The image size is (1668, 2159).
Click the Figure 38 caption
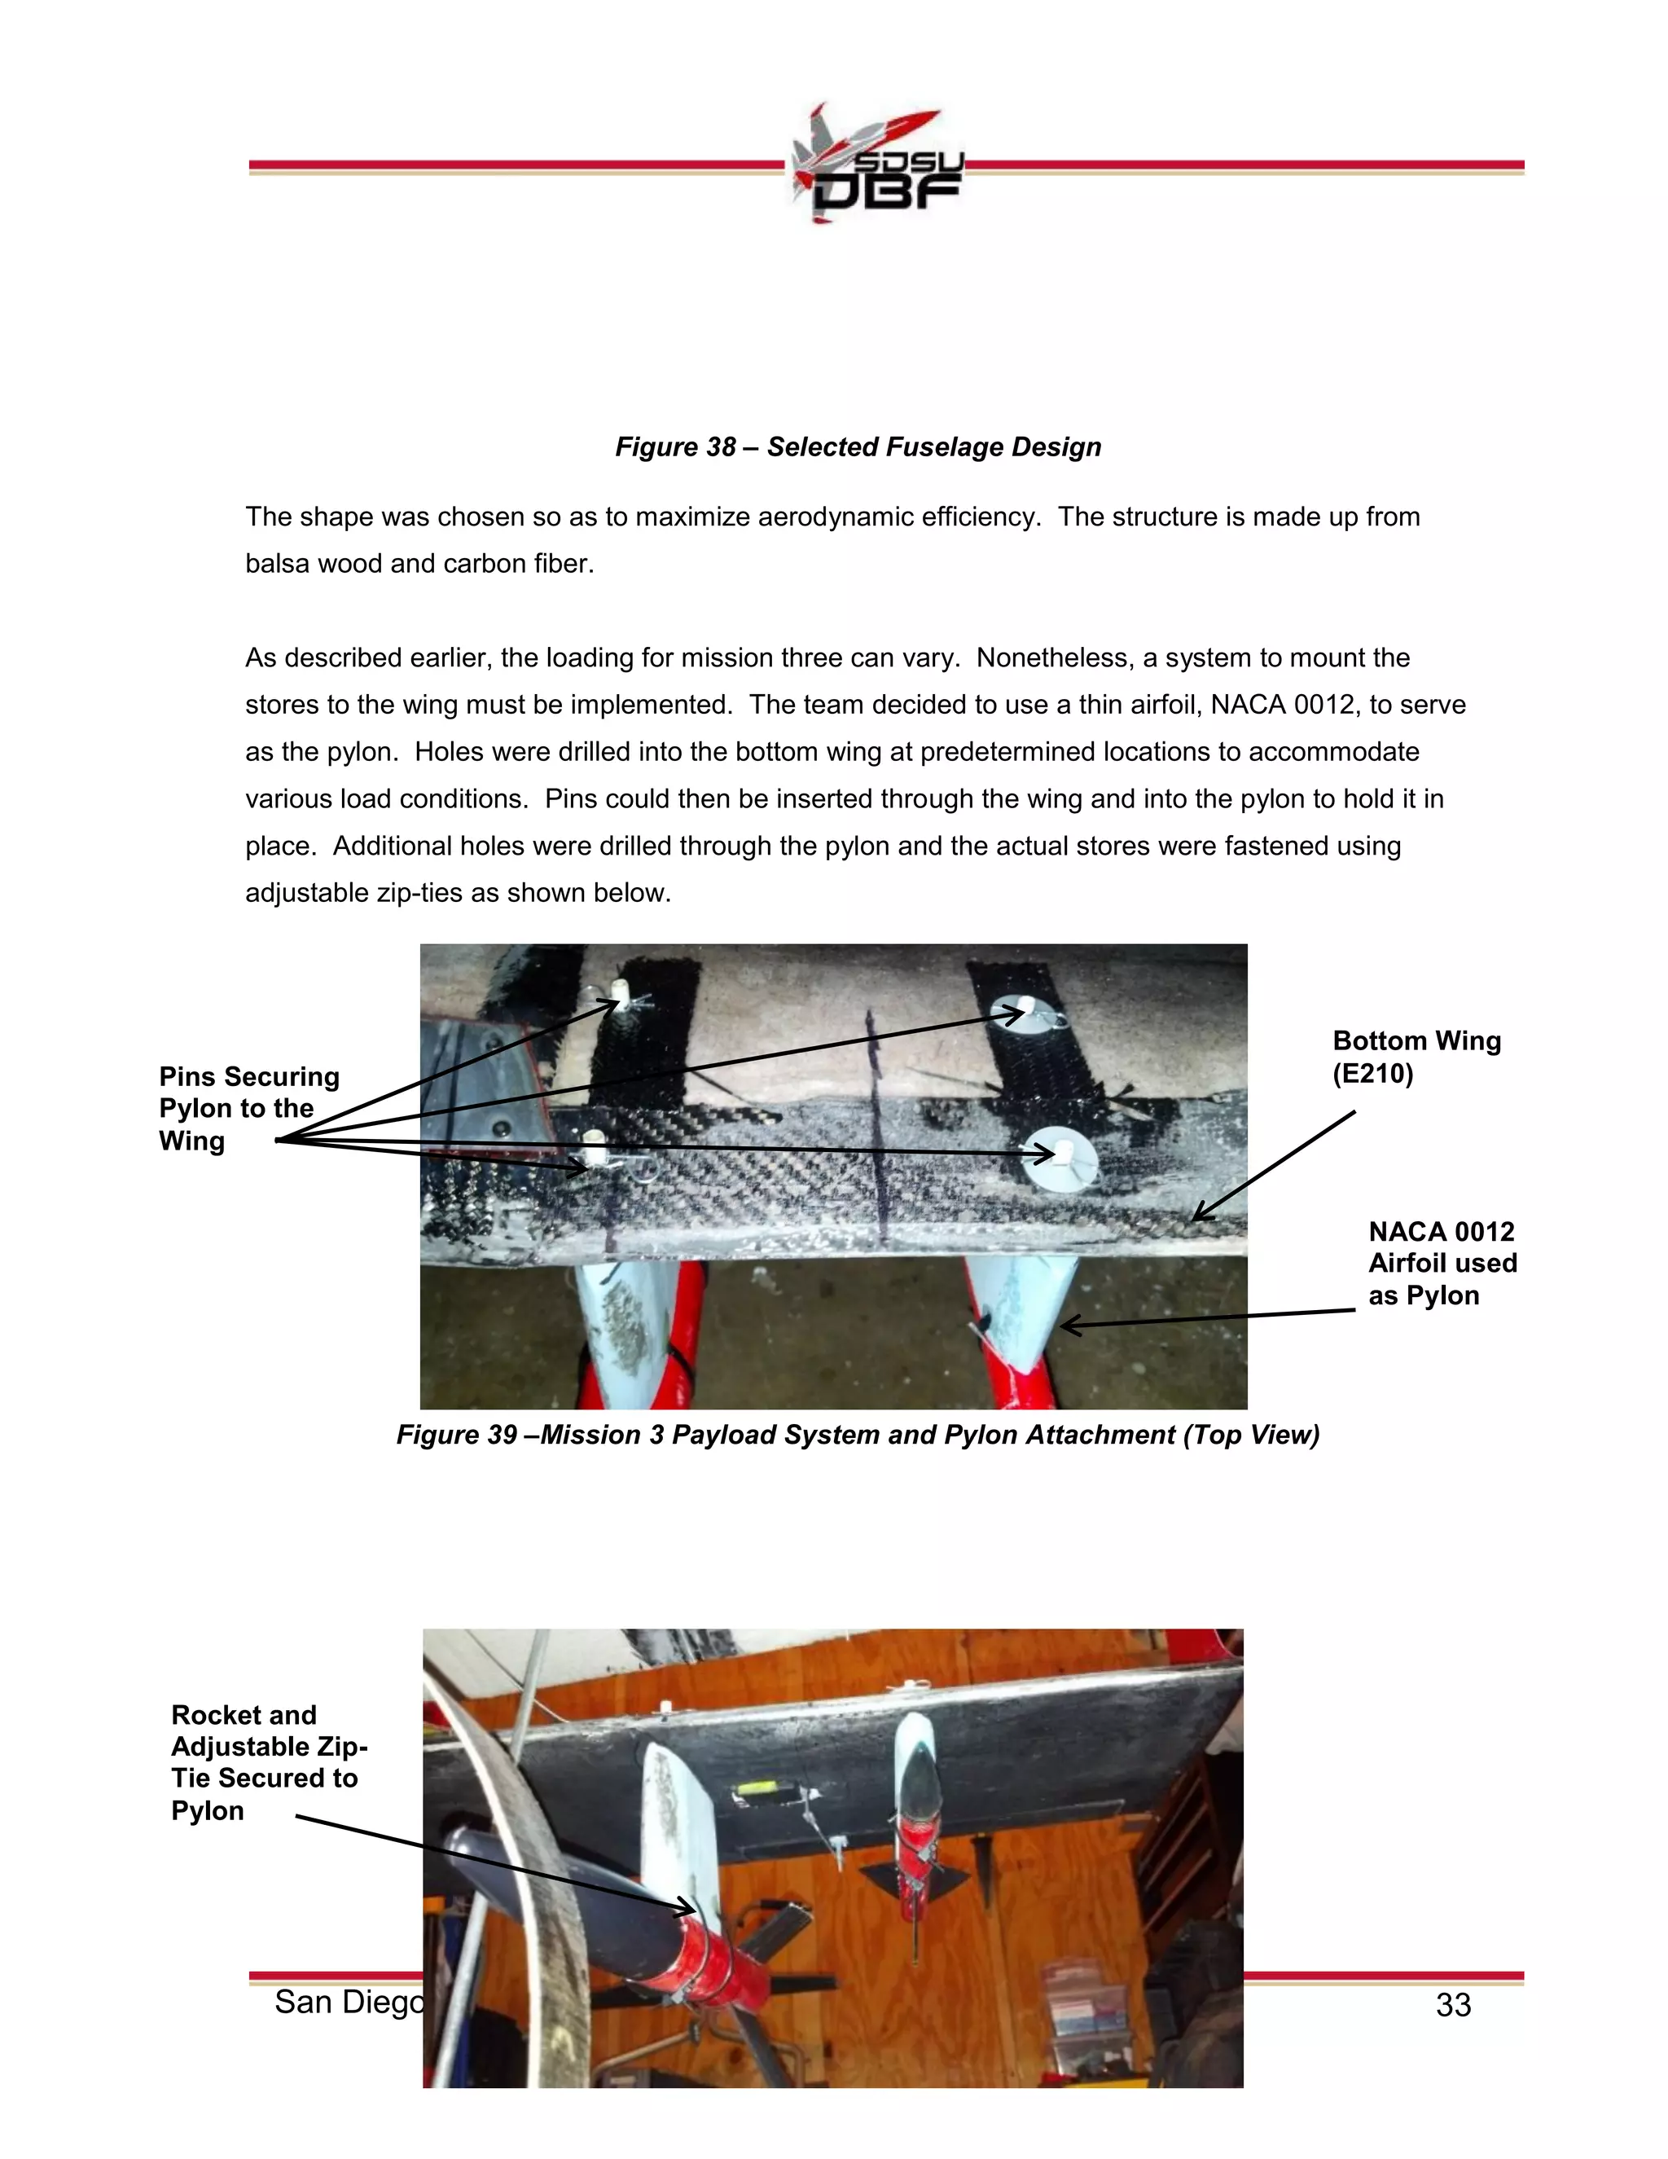[x=858, y=446]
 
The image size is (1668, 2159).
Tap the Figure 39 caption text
[x=858, y=1435]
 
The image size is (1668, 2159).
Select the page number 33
[x=1453, y=2005]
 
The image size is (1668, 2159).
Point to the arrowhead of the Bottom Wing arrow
[x=1197, y=1217]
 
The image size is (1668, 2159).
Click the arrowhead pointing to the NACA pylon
[x=1066, y=1326]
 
